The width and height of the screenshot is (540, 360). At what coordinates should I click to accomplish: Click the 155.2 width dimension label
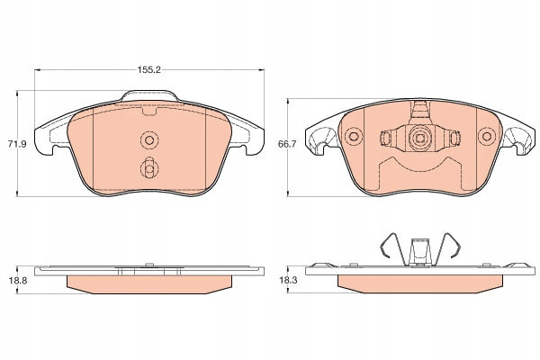pos(149,69)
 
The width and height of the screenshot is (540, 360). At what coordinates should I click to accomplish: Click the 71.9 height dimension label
pos(17,144)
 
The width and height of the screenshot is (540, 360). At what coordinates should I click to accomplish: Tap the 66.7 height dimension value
pos(287,144)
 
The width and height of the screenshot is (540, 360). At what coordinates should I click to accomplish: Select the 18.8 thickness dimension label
pos(18,281)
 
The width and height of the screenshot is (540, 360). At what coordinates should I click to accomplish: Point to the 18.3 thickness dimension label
pos(288,281)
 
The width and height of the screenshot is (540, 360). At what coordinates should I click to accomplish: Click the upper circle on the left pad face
pos(149,139)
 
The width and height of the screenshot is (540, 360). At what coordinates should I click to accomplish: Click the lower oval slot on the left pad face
pos(149,167)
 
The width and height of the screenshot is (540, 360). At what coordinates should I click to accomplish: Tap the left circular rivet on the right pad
pos(354,136)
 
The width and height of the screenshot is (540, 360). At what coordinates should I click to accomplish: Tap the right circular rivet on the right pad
pos(487,136)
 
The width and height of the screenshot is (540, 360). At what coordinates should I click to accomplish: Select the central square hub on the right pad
pos(419,138)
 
